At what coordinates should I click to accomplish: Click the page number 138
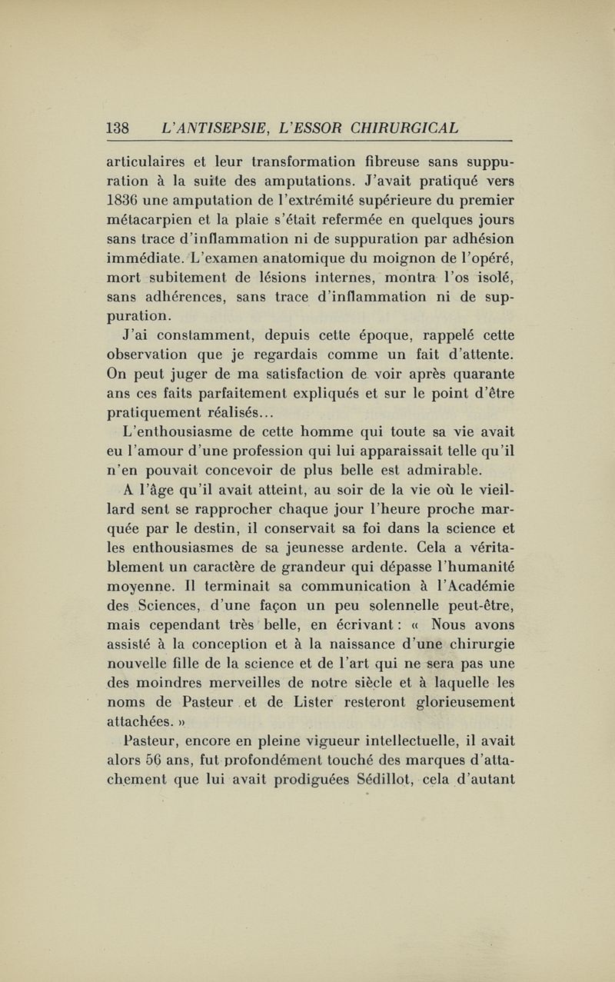click(x=118, y=127)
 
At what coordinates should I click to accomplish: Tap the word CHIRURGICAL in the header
click(x=411, y=127)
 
